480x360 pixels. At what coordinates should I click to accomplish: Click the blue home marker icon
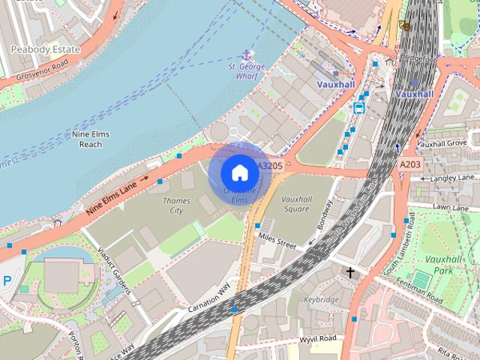coord(239,173)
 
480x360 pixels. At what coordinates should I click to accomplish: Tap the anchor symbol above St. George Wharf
coord(245,55)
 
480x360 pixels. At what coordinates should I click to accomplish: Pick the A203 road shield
coord(410,164)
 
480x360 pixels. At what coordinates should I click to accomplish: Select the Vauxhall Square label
coord(295,204)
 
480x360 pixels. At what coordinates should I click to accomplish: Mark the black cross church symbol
coord(350,272)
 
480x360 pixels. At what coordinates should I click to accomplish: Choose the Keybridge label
coord(321,298)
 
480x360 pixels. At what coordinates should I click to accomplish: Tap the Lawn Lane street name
coord(450,206)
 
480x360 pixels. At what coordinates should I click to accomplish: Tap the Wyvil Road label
coord(318,339)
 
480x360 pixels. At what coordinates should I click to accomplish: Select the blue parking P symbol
coord(7,280)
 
